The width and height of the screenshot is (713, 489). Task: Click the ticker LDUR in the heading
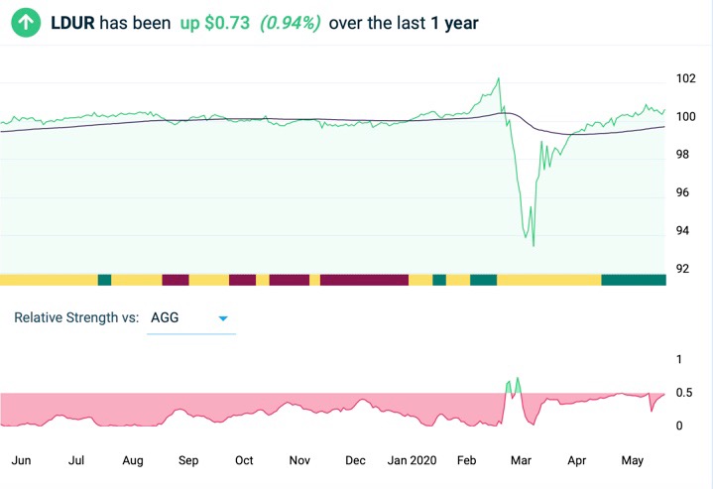tap(72, 22)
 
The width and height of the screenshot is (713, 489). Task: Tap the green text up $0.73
tap(215, 22)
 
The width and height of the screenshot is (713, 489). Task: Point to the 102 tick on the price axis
tap(685, 78)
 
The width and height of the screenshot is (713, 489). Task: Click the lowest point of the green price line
tap(534, 245)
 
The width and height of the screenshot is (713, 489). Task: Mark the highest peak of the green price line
tap(498, 78)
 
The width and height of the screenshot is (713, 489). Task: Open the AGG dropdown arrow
tap(223, 318)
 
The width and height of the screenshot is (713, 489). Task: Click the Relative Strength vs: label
tap(76, 318)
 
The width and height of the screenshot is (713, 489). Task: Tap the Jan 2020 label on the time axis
tap(412, 460)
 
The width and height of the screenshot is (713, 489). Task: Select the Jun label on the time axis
tap(21, 460)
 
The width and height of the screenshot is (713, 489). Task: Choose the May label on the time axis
tap(632, 460)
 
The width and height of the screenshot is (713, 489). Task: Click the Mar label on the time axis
tap(521, 460)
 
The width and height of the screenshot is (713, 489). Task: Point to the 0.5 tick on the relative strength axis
tap(683, 394)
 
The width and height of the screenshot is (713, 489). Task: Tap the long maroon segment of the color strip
tap(364, 280)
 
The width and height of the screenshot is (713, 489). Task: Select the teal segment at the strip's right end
tap(634, 280)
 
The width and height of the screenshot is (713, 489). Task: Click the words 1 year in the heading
tap(455, 22)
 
